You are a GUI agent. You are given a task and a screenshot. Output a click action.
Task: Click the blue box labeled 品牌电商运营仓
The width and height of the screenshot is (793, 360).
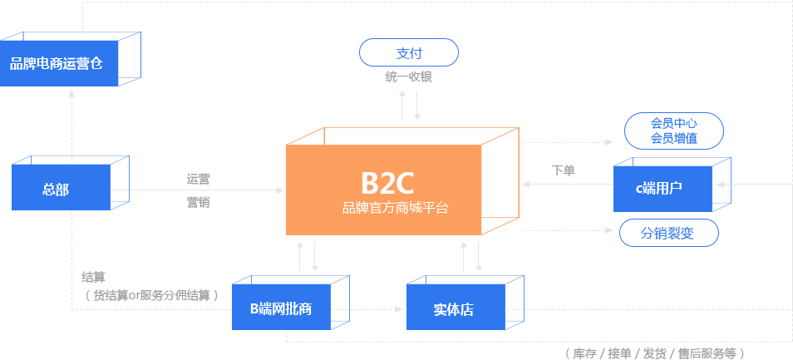pos(58,63)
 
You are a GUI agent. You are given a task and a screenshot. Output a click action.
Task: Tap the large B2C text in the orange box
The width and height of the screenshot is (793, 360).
pos(387,180)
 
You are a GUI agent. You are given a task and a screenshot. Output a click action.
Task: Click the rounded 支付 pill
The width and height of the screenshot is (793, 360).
pos(409,53)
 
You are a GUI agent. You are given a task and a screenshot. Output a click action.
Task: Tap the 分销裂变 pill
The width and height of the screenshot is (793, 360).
pos(668,234)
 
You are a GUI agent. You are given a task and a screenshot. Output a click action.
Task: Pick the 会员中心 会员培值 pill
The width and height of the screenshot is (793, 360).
pos(673,131)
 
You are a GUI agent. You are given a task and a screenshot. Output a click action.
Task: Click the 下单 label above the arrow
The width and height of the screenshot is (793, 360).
pos(564,170)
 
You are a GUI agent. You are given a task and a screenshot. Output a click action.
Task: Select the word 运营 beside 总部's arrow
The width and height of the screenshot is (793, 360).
pos(198,179)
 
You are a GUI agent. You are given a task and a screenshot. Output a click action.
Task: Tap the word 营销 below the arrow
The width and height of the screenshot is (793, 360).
pos(198,200)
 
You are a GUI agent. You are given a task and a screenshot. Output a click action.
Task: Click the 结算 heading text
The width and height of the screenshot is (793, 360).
pos(93,277)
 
